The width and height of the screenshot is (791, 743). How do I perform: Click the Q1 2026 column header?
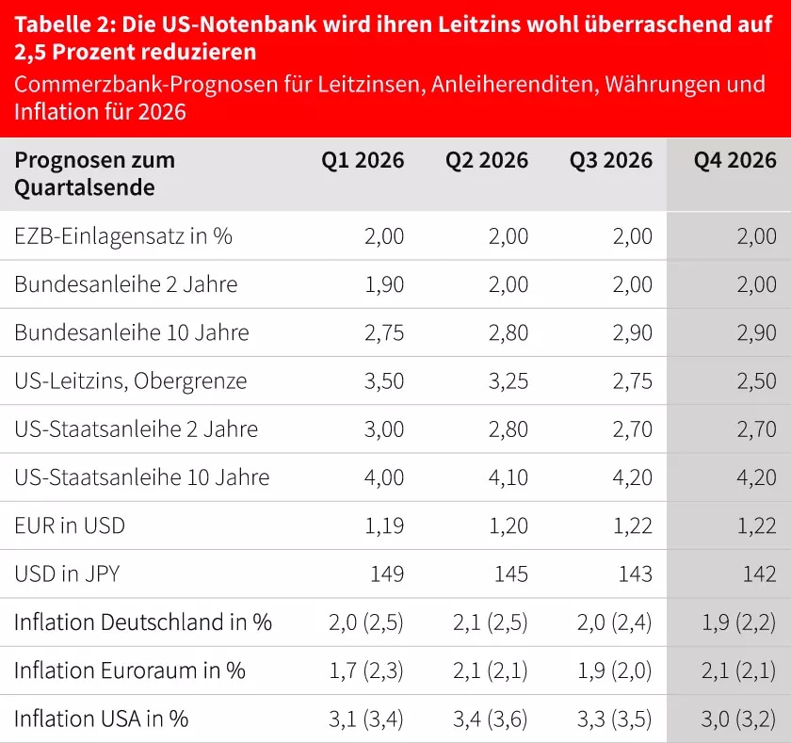point(363,160)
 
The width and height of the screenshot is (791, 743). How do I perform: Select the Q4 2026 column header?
point(735,160)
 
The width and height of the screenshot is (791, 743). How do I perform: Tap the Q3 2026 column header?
point(611,160)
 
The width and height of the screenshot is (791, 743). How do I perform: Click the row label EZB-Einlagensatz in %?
point(123,236)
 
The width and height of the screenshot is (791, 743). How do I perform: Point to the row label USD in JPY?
point(67,573)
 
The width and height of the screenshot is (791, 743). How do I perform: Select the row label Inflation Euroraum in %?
point(130,670)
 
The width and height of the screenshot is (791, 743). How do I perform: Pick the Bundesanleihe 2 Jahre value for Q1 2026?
point(384,284)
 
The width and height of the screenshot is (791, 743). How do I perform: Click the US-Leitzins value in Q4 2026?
point(757,380)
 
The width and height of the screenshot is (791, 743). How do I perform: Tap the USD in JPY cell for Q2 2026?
point(511,573)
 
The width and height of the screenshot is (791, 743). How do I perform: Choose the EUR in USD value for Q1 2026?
point(384,525)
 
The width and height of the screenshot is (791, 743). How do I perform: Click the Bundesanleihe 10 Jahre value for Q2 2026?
point(508,332)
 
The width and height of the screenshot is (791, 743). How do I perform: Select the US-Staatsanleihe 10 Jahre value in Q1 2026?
point(384,477)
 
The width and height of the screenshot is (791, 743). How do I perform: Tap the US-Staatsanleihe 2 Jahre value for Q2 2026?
point(508,429)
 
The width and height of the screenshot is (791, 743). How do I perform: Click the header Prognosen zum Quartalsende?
point(94,173)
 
